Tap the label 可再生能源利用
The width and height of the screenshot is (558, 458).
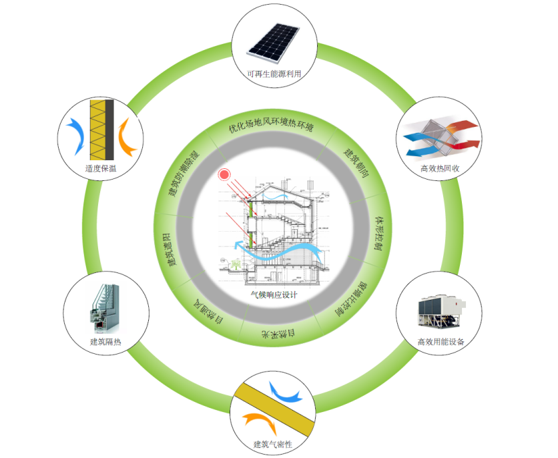point(274,74)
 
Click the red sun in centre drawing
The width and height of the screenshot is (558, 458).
point(224,175)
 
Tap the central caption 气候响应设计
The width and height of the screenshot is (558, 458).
point(274,294)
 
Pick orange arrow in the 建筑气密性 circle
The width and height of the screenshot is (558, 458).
point(256,421)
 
